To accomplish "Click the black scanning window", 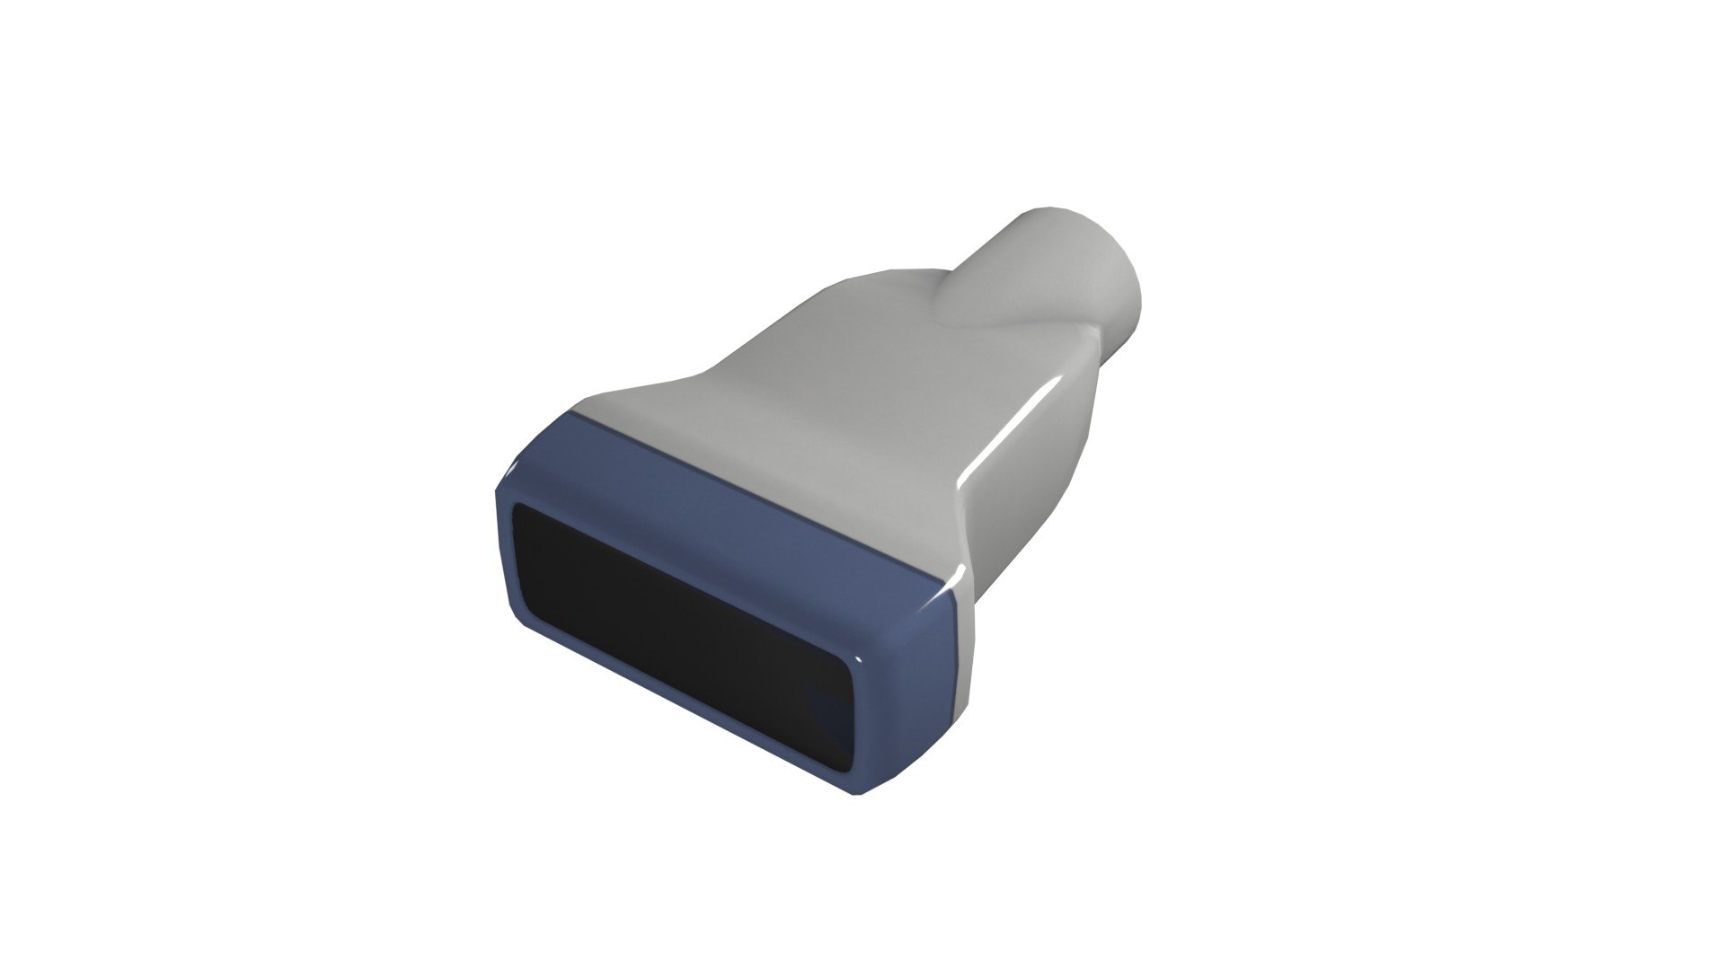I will coord(683,629).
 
